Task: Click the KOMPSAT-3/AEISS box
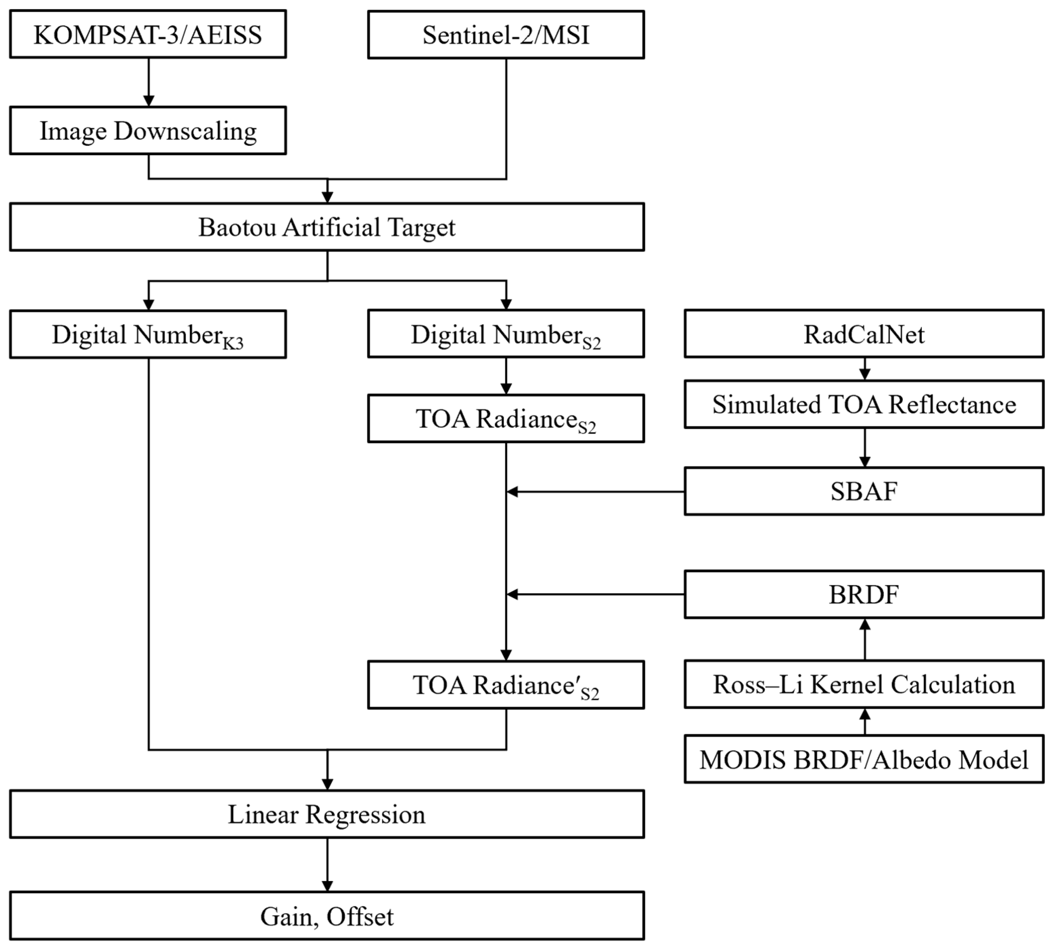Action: click(x=148, y=34)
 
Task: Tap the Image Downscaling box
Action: click(x=148, y=131)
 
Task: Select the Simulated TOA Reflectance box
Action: click(x=864, y=404)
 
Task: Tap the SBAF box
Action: click(x=864, y=491)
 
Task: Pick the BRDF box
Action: click(x=864, y=594)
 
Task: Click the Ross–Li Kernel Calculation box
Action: click(x=864, y=685)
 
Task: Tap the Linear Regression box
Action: click(x=327, y=814)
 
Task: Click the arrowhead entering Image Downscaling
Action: click(x=149, y=101)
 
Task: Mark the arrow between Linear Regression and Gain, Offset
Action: click(x=327, y=865)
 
